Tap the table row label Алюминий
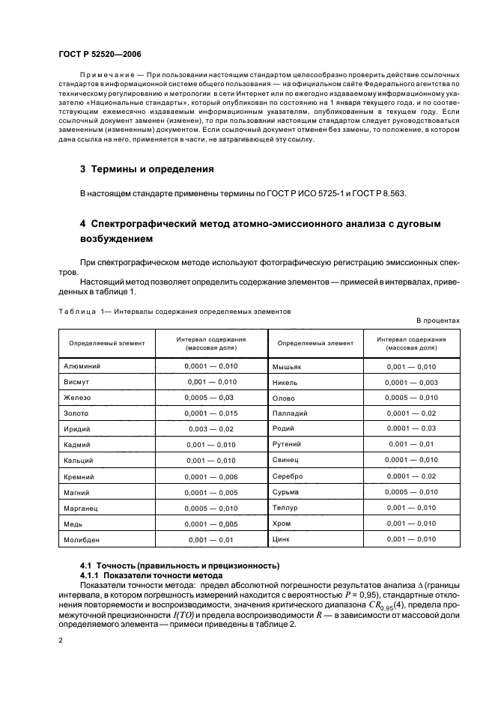click(82, 366)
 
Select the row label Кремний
click(79, 476)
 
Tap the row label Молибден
click(81, 539)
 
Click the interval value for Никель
click(411, 382)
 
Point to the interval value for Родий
click(411, 428)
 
